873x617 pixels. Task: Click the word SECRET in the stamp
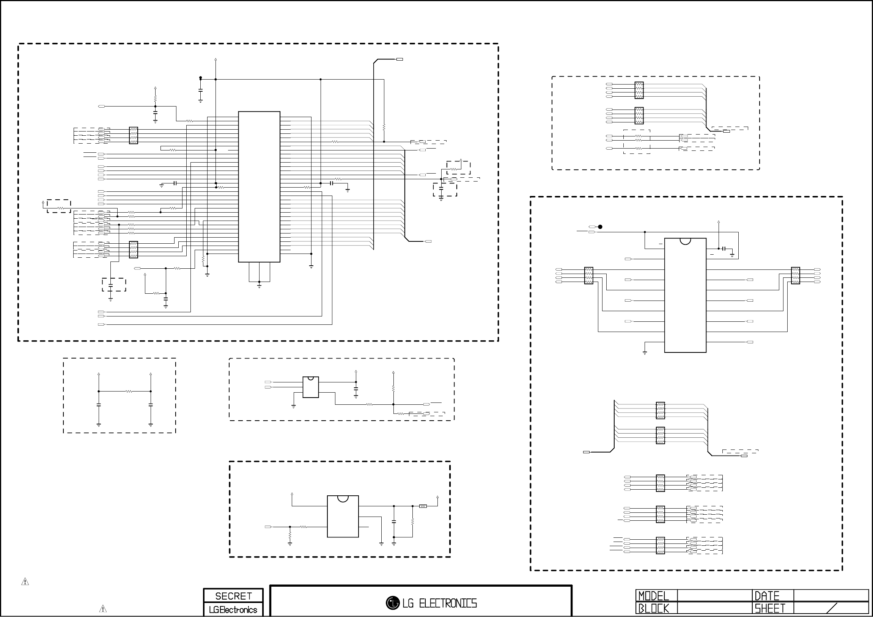(x=233, y=596)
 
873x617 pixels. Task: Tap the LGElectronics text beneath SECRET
(x=233, y=610)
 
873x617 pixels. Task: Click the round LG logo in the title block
(x=392, y=603)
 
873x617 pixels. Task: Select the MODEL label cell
(x=653, y=596)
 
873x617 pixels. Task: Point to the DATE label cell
(x=767, y=596)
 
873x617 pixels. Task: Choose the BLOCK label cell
(x=654, y=609)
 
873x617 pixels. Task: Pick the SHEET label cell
(x=770, y=609)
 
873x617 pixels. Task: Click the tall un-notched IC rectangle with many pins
(x=259, y=186)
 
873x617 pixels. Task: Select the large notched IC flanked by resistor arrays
(x=685, y=295)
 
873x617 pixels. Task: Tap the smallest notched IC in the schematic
(x=311, y=387)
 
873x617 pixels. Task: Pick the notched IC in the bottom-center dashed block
(x=343, y=516)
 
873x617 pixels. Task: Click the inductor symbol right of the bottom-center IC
(x=423, y=506)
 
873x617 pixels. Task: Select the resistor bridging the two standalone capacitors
(x=129, y=391)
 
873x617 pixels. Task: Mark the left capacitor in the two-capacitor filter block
(x=99, y=406)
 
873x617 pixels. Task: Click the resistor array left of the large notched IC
(x=588, y=276)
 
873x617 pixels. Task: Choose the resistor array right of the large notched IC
(x=795, y=276)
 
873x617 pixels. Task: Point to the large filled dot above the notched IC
(x=600, y=227)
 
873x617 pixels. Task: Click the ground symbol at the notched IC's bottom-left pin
(x=645, y=353)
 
